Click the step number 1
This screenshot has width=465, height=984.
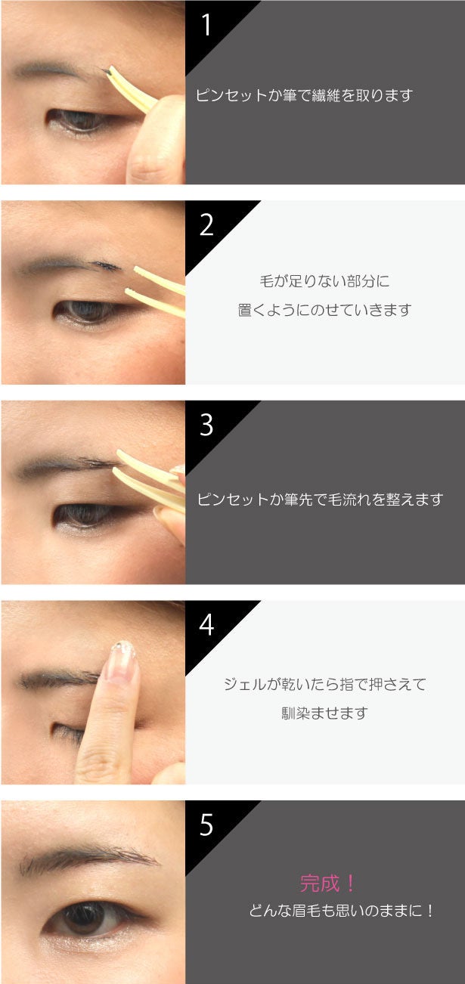[x=206, y=25]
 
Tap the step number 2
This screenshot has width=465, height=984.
[x=206, y=225]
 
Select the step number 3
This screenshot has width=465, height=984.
[x=206, y=425]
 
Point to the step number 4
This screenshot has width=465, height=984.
[x=206, y=625]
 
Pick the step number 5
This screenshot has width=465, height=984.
[x=206, y=825]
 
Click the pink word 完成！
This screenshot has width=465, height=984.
[x=327, y=883]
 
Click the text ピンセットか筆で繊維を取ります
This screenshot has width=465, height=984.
[x=304, y=95]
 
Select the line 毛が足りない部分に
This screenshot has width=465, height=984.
[x=325, y=281]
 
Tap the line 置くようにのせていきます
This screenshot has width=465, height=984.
[x=325, y=310]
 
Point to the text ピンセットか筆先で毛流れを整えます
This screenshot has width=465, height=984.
[x=320, y=499]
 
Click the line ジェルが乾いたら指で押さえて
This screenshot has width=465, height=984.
[x=325, y=684]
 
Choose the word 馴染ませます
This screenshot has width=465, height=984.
[x=325, y=713]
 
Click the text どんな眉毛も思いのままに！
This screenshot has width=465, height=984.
[x=341, y=910]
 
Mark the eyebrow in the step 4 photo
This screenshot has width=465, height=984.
[x=59, y=679]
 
